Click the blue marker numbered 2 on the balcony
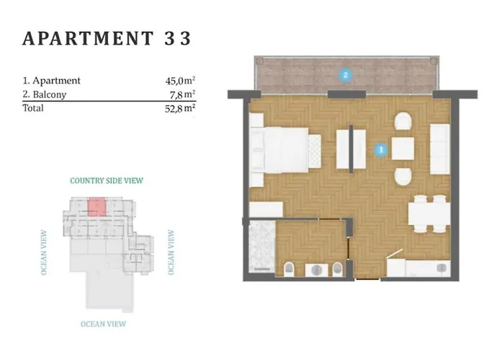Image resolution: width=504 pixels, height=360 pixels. (345, 75)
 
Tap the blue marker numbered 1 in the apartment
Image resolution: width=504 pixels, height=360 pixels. (381, 150)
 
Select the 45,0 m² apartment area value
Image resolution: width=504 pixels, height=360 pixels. (180, 81)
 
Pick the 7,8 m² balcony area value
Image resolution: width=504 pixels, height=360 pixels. (183, 94)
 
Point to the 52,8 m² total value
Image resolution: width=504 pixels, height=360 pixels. (180, 109)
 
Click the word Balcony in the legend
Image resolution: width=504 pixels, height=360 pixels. (50, 94)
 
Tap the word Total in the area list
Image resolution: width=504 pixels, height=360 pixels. (33, 108)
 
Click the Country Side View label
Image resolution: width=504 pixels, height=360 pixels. (107, 181)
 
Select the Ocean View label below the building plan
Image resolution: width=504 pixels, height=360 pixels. (103, 324)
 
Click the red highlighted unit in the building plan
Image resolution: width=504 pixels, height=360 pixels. (96, 207)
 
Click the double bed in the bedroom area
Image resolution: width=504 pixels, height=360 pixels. (279, 150)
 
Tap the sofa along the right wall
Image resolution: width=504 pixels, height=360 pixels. (440, 149)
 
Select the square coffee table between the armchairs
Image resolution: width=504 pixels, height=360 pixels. (402, 148)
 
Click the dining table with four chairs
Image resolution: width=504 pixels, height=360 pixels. (429, 213)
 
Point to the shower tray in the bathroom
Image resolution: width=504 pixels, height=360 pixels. (262, 246)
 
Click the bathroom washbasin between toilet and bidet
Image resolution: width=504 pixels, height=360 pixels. (317, 270)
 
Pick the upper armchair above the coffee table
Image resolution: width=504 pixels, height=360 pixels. (403, 122)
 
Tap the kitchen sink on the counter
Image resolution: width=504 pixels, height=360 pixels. (442, 267)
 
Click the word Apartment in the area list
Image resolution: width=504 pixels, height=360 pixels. (57, 81)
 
